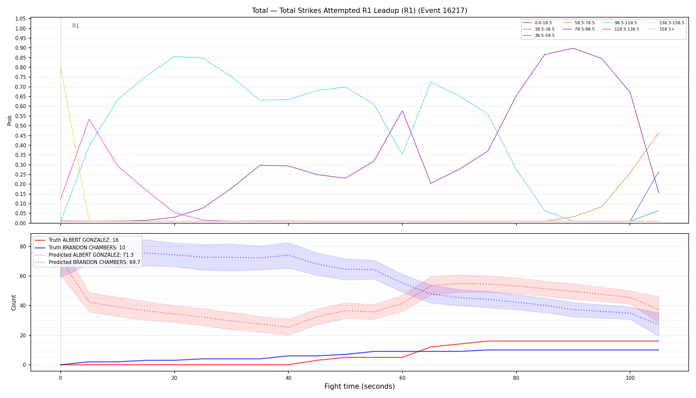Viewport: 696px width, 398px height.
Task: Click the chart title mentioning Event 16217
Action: click(x=359, y=11)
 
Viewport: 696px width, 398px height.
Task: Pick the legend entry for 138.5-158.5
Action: click(x=664, y=23)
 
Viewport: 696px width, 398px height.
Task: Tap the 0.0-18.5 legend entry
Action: click(x=537, y=23)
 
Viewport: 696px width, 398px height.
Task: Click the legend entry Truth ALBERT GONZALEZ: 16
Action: click(x=77, y=240)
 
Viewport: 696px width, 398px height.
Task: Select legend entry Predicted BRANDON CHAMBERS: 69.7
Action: click(x=87, y=262)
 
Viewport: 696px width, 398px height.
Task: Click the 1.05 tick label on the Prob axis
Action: click(x=21, y=19)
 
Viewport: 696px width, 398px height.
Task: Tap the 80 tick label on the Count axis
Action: click(x=23, y=246)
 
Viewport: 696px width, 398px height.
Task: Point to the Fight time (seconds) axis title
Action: click(x=360, y=386)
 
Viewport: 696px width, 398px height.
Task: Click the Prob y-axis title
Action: click(x=9, y=120)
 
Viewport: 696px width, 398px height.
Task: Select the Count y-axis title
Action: click(x=14, y=302)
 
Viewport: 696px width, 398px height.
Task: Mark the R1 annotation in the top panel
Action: click(x=76, y=26)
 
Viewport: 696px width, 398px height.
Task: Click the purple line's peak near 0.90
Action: click(x=573, y=48)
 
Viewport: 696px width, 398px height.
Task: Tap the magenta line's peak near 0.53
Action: click(x=89, y=119)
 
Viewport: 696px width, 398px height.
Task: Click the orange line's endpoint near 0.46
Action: click(x=658, y=133)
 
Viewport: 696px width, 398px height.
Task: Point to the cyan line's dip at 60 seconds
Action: click(x=402, y=155)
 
